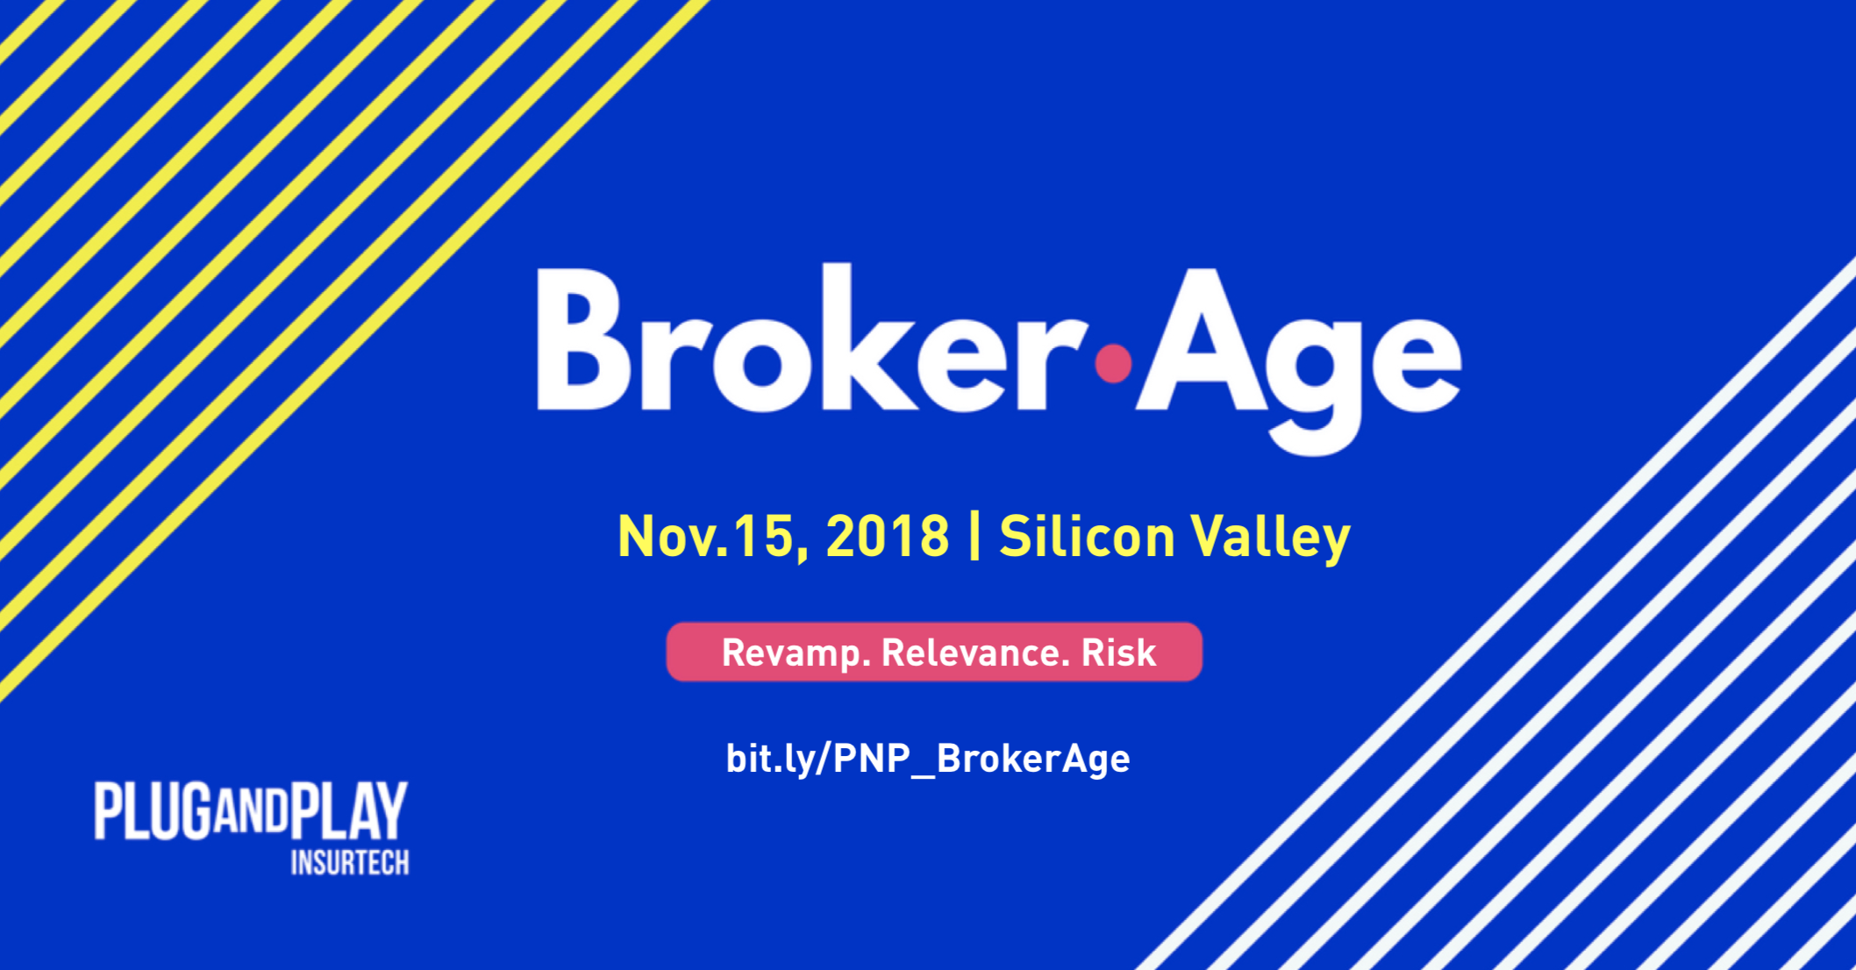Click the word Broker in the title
[811, 338]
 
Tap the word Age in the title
[1298, 360]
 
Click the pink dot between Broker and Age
[1114, 364]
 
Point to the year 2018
[888, 536]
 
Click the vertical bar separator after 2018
[974, 536]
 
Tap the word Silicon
[1087, 535]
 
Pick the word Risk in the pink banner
[1118, 653]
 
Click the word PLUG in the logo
[153, 810]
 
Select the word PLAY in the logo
[349, 810]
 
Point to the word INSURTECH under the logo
[350, 863]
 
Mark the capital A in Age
[1202, 339]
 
